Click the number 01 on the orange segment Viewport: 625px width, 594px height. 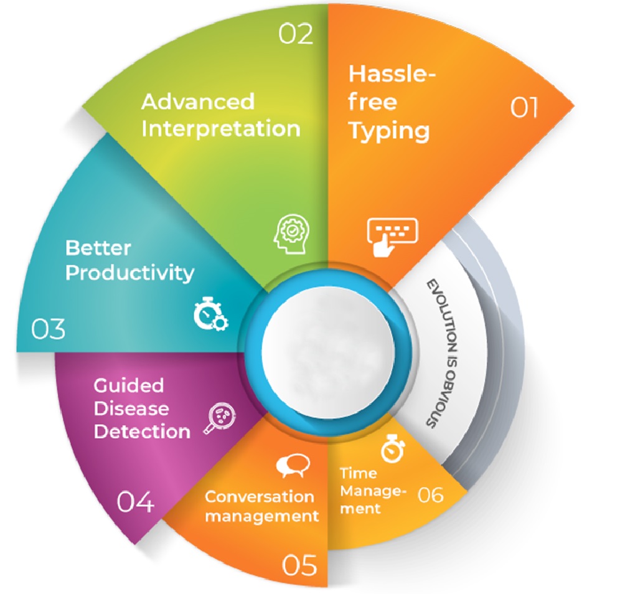[524, 108]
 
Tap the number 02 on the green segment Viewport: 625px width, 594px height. [295, 34]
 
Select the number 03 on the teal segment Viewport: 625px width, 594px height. [48, 329]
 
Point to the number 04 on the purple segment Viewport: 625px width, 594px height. [136, 501]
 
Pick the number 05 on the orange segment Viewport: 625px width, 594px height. [300, 565]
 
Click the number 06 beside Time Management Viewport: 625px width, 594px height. [431, 495]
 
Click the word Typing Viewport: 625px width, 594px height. [389, 131]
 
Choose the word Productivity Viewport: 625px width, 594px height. [129, 273]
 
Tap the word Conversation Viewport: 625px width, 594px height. [260, 496]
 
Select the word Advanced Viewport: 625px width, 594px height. [198, 101]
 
